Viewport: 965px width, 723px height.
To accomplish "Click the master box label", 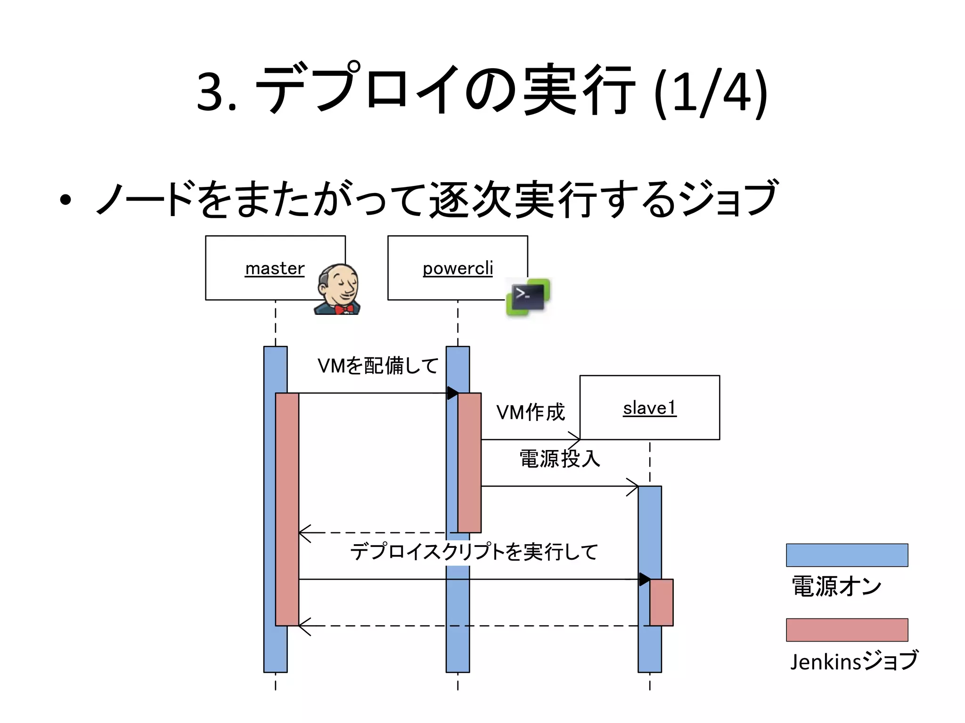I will point(275,268).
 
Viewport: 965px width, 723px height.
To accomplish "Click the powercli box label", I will point(458,268).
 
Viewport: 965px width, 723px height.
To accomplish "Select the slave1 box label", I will point(649,408).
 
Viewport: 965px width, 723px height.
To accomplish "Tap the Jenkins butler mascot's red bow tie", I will point(344,309).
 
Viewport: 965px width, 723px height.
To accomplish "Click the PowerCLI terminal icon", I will point(528,297).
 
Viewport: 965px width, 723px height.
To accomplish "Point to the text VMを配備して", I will point(378,366).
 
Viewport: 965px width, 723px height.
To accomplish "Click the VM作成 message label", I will point(531,412).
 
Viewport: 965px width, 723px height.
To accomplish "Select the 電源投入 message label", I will point(560,458).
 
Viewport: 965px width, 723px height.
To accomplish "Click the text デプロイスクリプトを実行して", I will point(474,552).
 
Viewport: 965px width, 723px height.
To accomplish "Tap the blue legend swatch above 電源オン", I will point(847,555).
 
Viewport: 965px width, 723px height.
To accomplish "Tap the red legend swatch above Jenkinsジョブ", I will point(847,630).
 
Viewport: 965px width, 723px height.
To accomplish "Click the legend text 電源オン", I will point(836,586).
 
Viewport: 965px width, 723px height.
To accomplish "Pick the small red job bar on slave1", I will point(662,602).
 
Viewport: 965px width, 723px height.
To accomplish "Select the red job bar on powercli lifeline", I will point(470,463).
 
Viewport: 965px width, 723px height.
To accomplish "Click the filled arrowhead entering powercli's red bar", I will point(452,393).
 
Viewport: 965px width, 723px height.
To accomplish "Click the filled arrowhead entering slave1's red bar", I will point(645,579).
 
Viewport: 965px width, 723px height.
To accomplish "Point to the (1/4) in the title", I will point(711,92).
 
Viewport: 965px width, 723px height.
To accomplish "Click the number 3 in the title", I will point(210,92).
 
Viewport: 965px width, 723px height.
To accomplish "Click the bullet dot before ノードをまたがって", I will point(65,200).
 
